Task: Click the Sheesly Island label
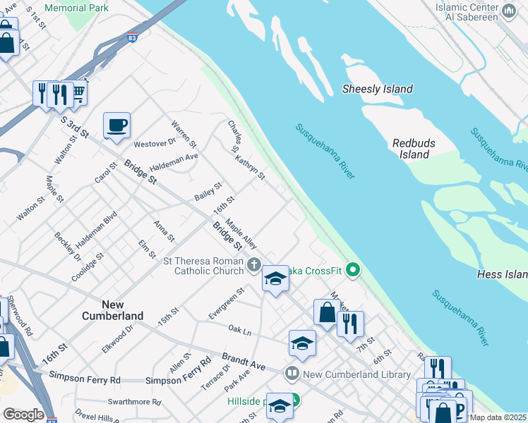377,89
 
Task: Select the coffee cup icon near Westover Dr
116,126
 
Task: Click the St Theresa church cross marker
254,266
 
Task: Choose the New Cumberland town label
112,310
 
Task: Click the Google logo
23,415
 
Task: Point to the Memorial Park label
76,8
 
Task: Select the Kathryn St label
251,167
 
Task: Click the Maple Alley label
241,233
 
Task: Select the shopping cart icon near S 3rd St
77,92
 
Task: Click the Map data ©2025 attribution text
498,417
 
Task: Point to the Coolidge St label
88,267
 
